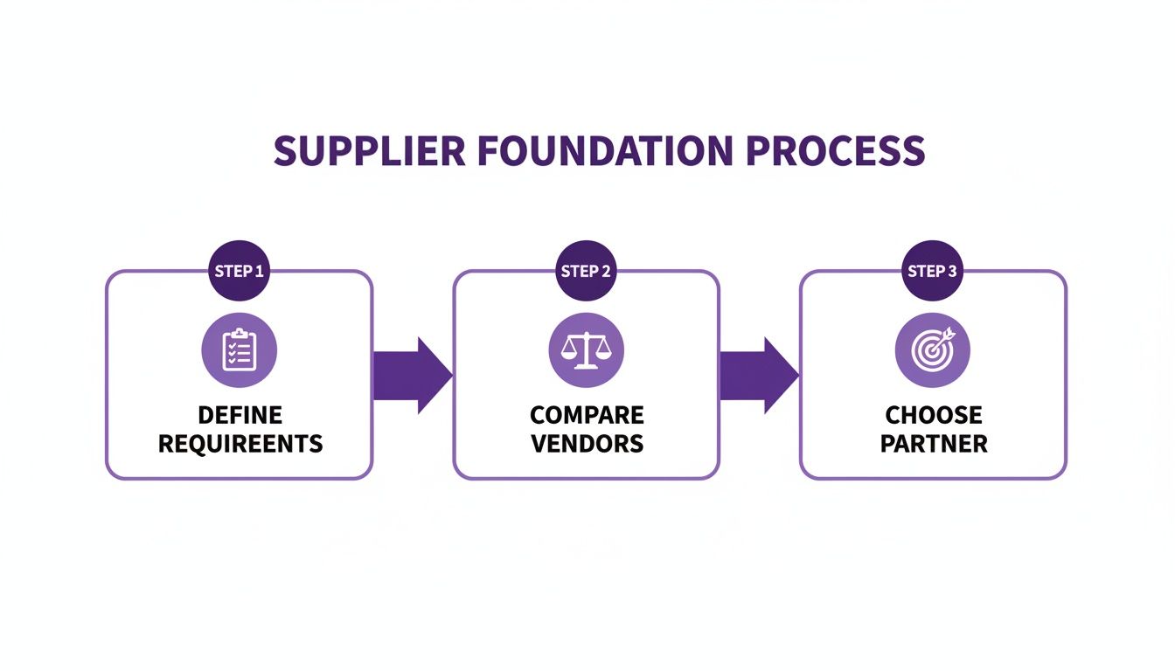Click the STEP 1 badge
click(239, 271)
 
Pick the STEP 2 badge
click(586, 271)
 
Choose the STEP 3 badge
click(933, 271)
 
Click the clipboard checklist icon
click(239, 350)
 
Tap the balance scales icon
click(586, 350)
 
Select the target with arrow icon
click(933, 350)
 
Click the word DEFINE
click(240, 415)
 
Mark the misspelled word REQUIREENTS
click(240, 443)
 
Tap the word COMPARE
click(587, 415)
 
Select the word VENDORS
click(587, 443)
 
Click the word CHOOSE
click(934, 415)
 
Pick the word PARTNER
click(934, 443)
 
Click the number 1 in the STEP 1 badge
click(260, 271)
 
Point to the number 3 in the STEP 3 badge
click(954, 271)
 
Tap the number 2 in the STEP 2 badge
click(607, 271)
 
